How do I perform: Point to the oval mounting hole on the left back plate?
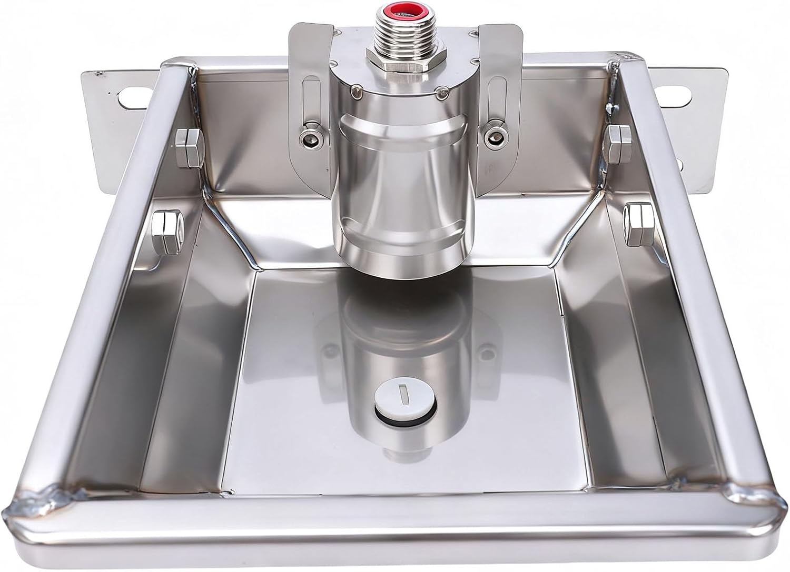point(131,96)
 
